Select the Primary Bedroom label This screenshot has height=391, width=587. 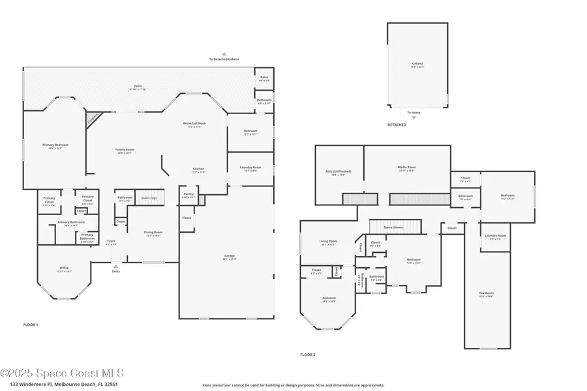(55, 145)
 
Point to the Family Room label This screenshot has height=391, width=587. (124, 151)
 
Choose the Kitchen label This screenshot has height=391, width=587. (198, 170)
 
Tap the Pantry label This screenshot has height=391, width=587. (188, 194)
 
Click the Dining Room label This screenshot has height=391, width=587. (153, 233)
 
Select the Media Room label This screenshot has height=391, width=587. (407, 167)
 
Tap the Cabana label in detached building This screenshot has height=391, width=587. (417, 65)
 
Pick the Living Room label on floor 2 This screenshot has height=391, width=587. (328, 242)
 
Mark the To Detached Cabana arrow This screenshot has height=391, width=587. (224, 55)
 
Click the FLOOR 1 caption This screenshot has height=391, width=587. (31, 324)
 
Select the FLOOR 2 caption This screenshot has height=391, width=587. (308, 355)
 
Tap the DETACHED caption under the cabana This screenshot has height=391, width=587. (397, 124)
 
